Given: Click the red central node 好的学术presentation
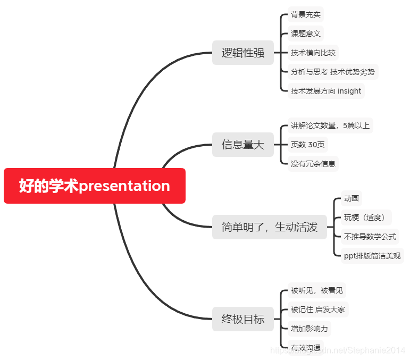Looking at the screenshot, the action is pyautogui.click(x=95, y=186).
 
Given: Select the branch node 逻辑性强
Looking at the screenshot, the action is pyautogui.click(x=243, y=53).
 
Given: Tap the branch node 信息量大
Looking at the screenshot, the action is pyautogui.click(x=243, y=145).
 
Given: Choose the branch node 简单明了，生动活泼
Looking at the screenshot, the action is pyautogui.click(x=270, y=227).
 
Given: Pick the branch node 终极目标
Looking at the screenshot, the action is pyautogui.click(x=243, y=319).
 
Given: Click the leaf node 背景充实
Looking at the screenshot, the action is pyautogui.click(x=306, y=14).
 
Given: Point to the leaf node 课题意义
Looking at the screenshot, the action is pyautogui.click(x=306, y=34).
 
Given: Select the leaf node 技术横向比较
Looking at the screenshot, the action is pyautogui.click(x=313, y=53).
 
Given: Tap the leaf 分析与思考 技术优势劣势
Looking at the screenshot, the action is pyautogui.click(x=333, y=72).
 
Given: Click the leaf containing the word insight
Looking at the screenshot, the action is pyautogui.click(x=326, y=91).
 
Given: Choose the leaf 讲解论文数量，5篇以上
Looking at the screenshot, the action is pyautogui.click(x=330, y=125).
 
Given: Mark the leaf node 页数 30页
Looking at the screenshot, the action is pyautogui.click(x=308, y=145).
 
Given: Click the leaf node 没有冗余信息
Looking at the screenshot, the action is pyautogui.click(x=313, y=164).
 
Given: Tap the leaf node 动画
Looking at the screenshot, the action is pyautogui.click(x=351, y=198).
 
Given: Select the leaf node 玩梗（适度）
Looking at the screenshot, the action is pyautogui.click(x=366, y=217).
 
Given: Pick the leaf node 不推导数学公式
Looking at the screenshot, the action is pyautogui.click(x=370, y=237).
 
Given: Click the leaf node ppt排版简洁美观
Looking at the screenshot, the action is pyautogui.click(x=372, y=256).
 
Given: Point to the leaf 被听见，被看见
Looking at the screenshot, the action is pyautogui.click(x=317, y=290).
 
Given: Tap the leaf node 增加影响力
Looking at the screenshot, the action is pyautogui.click(x=309, y=329).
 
